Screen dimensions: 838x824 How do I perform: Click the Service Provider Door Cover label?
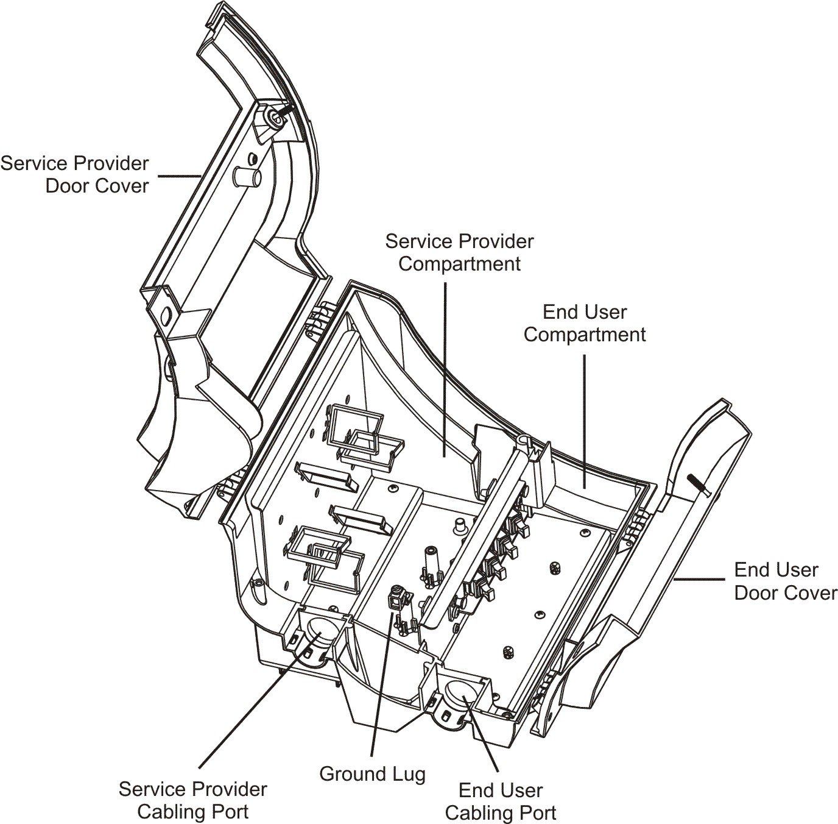(74, 175)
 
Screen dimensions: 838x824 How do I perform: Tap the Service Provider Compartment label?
(459, 252)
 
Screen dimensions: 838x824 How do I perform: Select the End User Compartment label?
(585, 324)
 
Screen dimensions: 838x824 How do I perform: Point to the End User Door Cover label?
(786, 581)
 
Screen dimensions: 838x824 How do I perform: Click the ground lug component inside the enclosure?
(396, 603)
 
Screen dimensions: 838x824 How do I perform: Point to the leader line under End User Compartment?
(584, 427)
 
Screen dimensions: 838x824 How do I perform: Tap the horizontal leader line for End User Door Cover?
(699, 580)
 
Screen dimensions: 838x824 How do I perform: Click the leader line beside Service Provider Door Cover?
(178, 176)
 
